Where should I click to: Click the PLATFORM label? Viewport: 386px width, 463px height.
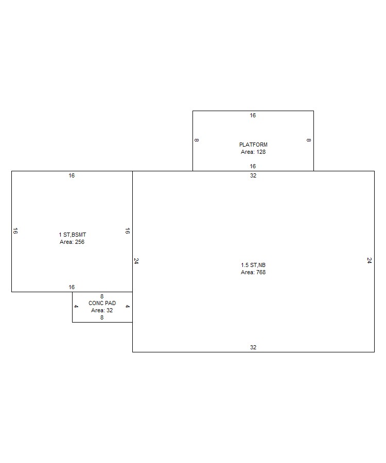(253, 145)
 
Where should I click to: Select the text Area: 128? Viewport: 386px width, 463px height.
(253, 152)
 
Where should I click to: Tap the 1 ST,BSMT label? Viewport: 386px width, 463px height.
(73, 235)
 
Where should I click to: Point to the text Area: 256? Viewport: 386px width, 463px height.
(72, 242)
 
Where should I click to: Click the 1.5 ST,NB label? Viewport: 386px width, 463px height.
(253, 265)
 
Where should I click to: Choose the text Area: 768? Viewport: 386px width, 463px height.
(253, 272)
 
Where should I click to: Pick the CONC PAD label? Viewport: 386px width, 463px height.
(102, 303)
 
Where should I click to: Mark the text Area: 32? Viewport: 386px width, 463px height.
(102, 310)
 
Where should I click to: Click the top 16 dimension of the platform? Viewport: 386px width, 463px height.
(253, 115)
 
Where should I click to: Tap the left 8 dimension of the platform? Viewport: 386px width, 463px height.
(197, 140)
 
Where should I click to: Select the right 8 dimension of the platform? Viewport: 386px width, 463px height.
(309, 140)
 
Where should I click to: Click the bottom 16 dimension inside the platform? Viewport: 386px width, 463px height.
(253, 166)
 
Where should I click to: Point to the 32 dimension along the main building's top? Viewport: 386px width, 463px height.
(253, 176)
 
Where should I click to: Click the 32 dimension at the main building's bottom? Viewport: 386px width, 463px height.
(253, 348)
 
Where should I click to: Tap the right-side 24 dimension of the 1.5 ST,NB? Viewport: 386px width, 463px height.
(369, 260)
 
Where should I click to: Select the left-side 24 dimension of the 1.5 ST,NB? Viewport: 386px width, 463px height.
(136, 261)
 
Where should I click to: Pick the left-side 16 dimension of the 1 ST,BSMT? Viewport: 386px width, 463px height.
(15, 231)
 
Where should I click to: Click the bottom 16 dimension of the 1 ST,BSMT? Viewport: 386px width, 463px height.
(72, 287)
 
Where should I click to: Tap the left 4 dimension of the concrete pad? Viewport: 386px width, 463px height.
(76, 307)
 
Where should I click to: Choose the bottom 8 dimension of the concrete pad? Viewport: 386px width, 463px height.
(102, 318)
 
